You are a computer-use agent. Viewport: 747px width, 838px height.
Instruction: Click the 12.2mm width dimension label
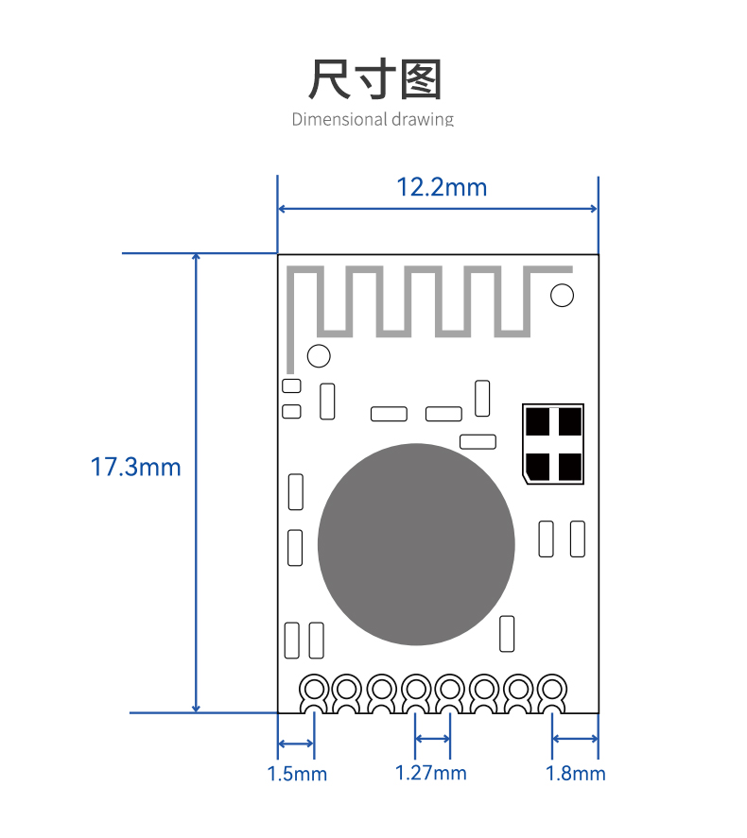tap(442, 188)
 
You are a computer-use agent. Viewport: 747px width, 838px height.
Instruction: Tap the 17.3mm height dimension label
tap(136, 467)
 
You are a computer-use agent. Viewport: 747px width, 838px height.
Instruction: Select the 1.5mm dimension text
tap(297, 774)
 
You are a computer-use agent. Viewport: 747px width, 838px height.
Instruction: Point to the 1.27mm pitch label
tap(430, 773)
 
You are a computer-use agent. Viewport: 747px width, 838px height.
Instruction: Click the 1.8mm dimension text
tap(575, 774)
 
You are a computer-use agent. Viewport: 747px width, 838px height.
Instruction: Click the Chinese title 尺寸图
tap(374, 79)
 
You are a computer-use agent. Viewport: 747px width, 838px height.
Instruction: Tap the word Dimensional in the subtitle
tap(339, 119)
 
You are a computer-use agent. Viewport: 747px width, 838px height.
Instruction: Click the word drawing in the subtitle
tap(423, 120)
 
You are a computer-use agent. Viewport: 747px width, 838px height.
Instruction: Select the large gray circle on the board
tap(416, 544)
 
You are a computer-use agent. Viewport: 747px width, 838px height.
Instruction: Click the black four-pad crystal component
tap(553, 444)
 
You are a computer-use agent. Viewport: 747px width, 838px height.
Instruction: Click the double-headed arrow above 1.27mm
tap(432, 739)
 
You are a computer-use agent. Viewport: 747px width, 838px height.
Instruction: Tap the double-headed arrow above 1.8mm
tap(575, 739)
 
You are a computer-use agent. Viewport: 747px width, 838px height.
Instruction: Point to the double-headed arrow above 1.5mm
tap(296, 744)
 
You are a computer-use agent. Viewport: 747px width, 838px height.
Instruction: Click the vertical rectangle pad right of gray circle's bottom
tap(507, 634)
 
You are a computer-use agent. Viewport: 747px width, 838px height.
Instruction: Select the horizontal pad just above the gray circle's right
tap(478, 441)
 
